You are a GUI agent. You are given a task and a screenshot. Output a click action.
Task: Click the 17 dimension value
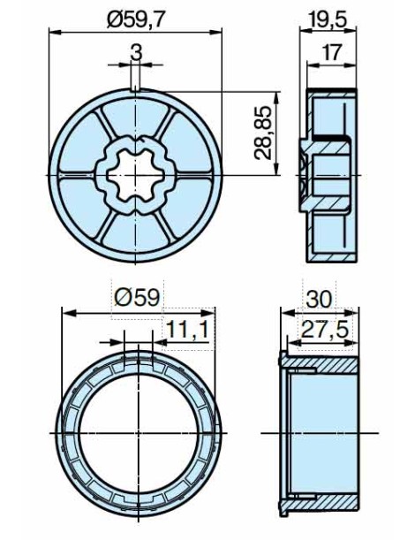331,51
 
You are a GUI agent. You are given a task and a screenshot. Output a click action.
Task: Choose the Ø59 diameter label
137,298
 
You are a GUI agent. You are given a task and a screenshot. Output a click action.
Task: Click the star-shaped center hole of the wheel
135,174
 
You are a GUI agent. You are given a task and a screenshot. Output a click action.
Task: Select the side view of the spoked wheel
331,174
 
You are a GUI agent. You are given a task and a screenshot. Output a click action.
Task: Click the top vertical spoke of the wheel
135,115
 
